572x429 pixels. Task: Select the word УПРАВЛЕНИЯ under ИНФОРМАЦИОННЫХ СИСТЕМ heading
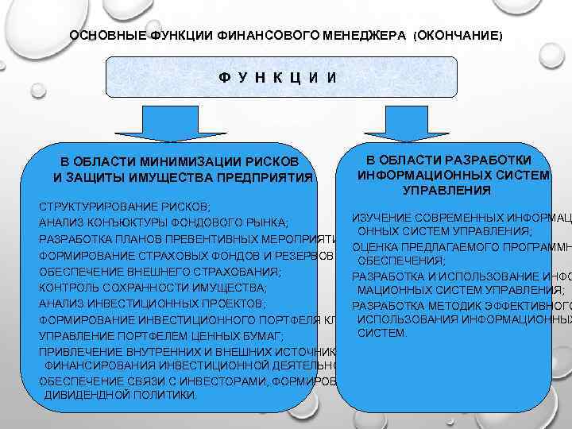click(446, 191)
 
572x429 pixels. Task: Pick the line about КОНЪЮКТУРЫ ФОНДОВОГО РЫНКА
click(164, 222)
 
